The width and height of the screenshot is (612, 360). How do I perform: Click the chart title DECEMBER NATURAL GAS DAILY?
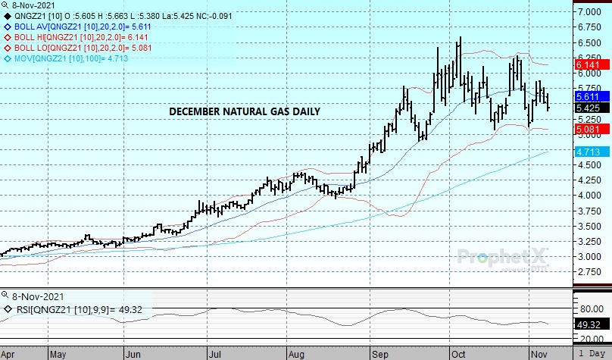(244, 111)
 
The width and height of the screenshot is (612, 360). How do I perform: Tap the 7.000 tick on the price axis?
(590, 13)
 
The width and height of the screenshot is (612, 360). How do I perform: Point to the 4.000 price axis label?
(590, 196)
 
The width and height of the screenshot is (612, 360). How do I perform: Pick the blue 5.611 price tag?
(589, 98)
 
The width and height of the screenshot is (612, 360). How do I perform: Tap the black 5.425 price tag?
(589, 109)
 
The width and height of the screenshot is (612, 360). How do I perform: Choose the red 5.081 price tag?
(589, 130)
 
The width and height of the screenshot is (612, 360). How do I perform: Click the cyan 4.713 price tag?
(589, 152)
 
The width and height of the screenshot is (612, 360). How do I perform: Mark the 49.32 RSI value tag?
(589, 324)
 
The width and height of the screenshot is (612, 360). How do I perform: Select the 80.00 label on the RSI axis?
(590, 308)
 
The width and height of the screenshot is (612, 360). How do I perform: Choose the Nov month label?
(539, 353)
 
